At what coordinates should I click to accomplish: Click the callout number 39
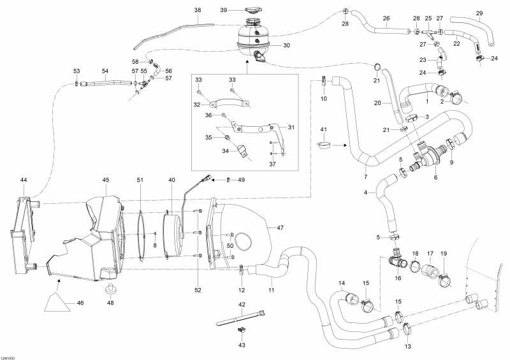[x=224, y=10]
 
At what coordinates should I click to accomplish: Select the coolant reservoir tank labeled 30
[x=253, y=40]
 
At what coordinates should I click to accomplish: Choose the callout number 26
[x=386, y=18]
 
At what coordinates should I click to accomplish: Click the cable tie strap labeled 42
[x=242, y=317]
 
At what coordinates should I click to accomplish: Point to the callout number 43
[x=242, y=345]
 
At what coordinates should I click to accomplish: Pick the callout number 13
[x=407, y=346]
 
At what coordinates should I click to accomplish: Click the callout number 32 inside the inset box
[x=198, y=104]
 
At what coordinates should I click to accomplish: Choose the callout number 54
[x=105, y=71]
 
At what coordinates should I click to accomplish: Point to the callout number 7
[x=365, y=176]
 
